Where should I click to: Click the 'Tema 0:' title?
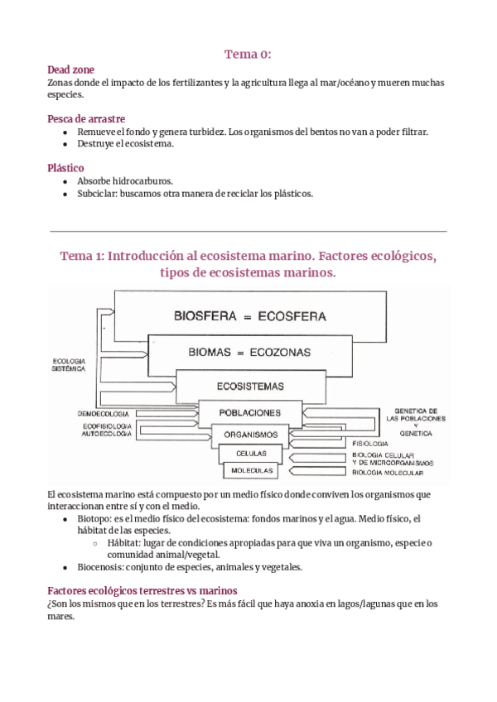coord(248,55)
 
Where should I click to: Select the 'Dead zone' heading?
coord(71,70)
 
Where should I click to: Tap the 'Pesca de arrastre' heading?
coord(87,119)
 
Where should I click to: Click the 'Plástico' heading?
coord(66,168)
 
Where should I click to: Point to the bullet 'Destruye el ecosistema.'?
coord(126,144)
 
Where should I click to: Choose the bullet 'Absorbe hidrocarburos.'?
coord(125,180)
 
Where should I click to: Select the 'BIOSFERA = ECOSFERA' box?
coord(249,316)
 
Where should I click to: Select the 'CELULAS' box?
coord(251,454)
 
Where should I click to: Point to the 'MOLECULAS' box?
coord(252,470)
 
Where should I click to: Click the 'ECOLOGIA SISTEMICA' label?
coord(69,365)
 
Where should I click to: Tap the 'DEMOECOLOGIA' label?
coord(103,411)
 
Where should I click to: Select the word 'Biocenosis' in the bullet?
coord(104,567)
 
